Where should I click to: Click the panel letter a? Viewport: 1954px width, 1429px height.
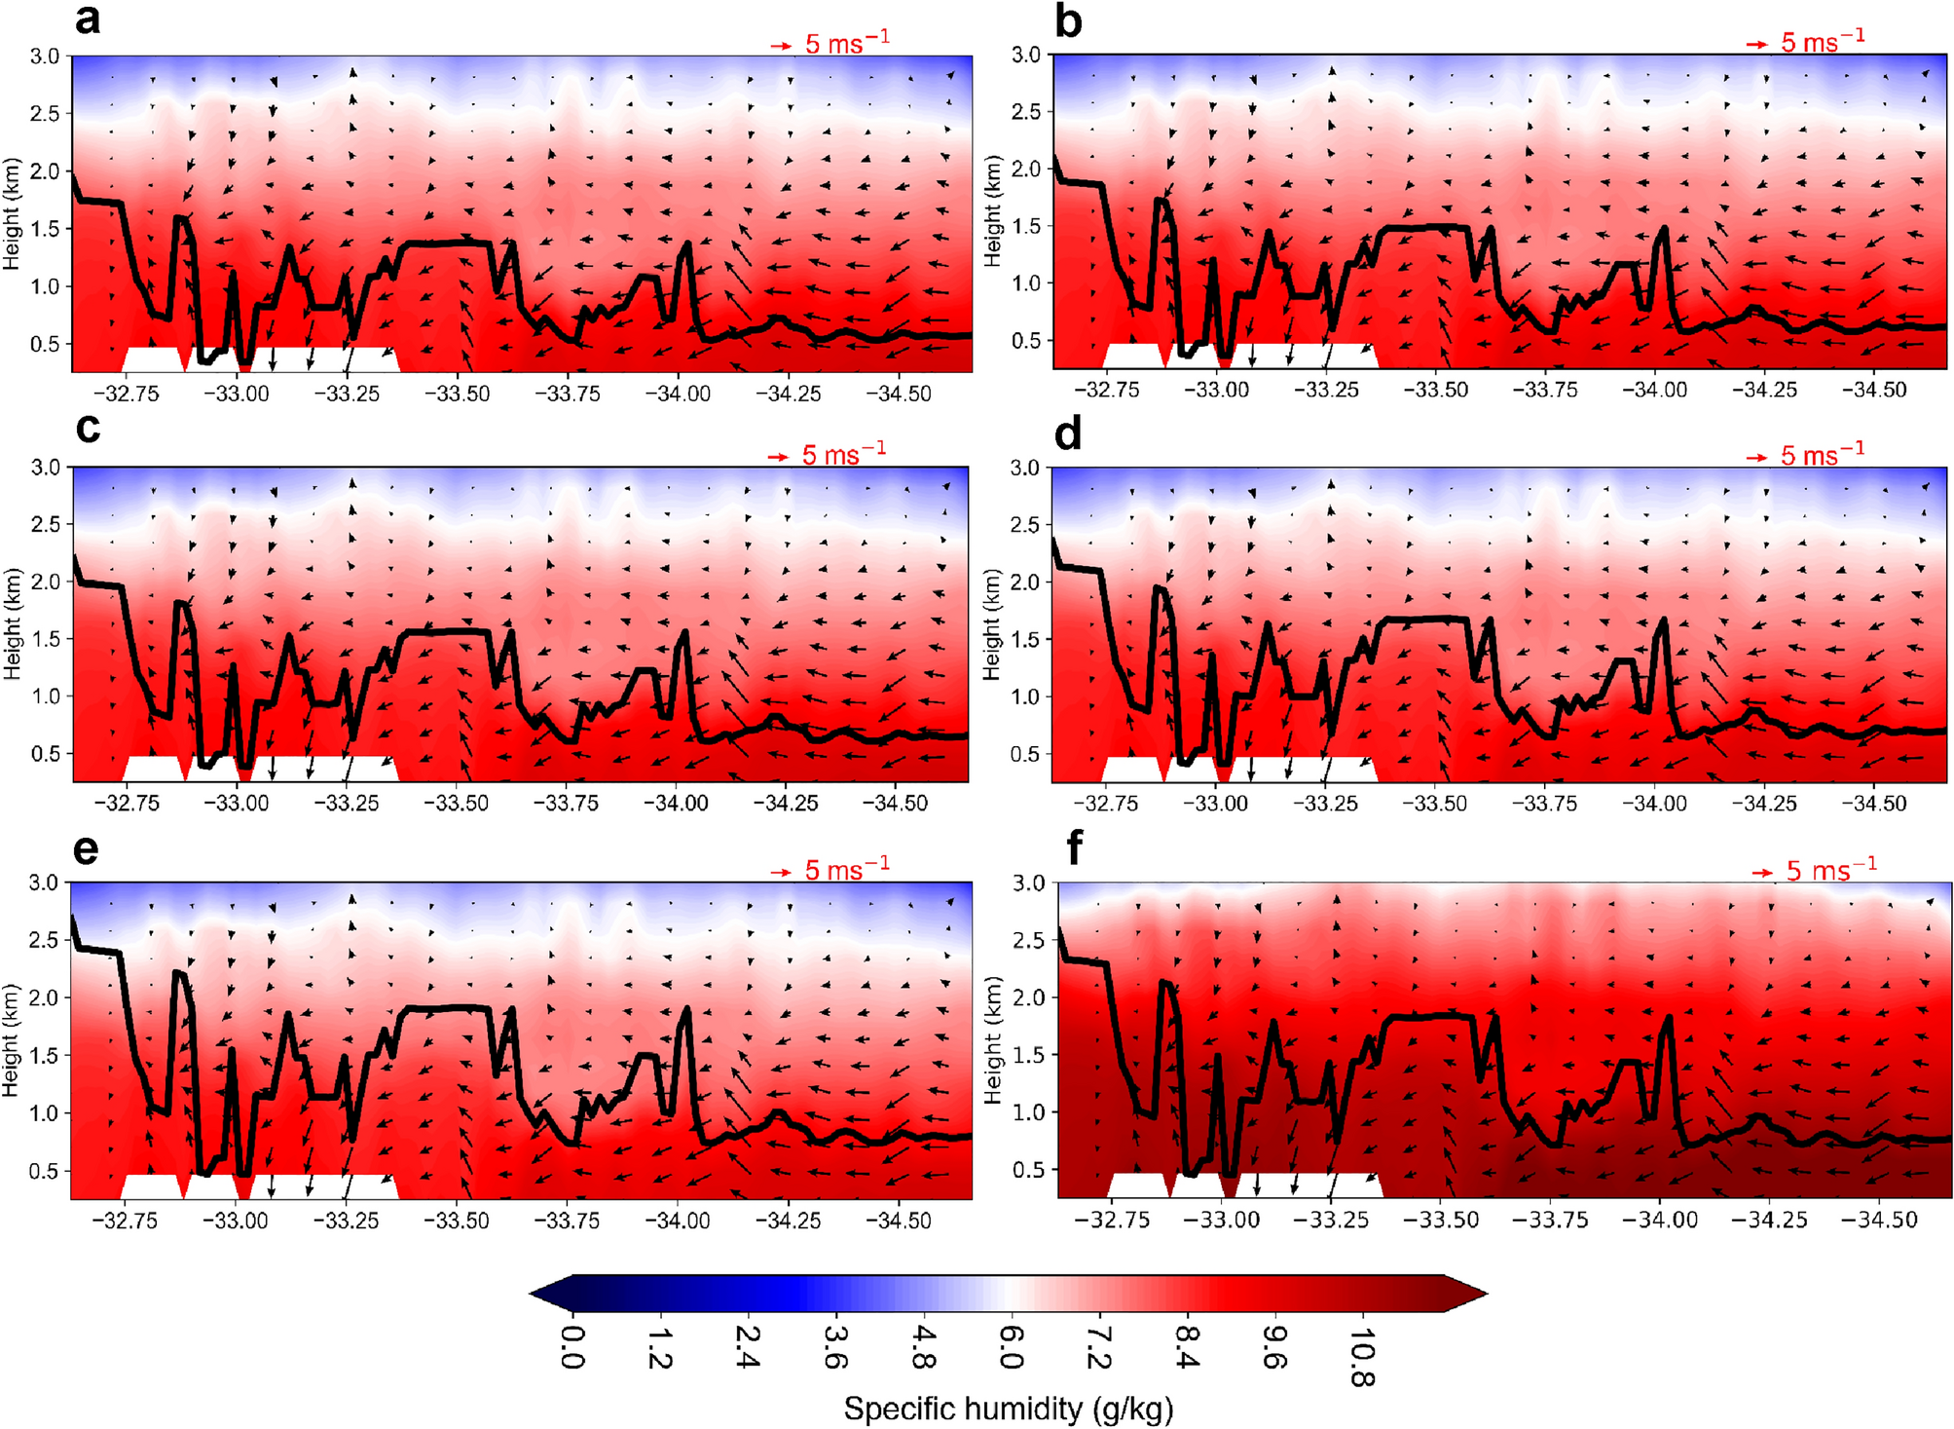87,19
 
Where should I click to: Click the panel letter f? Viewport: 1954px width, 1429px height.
1074,849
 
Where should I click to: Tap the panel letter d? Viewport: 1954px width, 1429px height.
1068,433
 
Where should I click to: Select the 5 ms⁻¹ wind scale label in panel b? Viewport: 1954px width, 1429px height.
1823,41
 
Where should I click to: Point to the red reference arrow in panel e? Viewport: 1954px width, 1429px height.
781,872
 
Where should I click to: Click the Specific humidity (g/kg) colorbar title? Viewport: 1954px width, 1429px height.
1009,1409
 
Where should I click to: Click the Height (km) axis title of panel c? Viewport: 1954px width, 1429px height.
12,623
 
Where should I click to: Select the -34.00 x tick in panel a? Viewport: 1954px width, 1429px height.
679,394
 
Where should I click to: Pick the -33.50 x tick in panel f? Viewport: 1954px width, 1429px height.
1441,1220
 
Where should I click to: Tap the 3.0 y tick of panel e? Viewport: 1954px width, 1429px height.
44,883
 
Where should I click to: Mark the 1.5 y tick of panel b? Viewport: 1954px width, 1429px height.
1025,226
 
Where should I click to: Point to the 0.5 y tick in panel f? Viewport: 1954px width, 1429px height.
1029,1170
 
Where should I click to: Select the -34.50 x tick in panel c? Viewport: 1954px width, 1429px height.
897,804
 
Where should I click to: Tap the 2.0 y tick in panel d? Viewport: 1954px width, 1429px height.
1025,582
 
